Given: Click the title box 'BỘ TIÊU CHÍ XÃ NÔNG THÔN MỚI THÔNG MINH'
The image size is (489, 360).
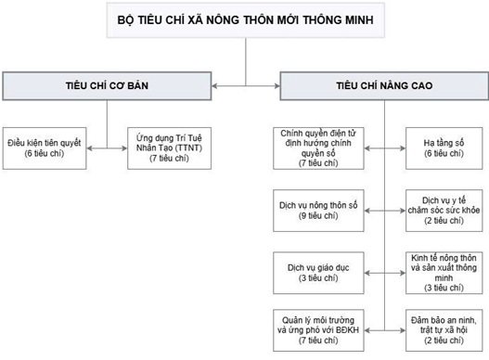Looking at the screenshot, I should coord(245,19).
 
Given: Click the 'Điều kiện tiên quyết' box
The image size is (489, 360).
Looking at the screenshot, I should coord(43,147).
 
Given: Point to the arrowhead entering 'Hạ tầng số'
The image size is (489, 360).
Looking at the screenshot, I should coord(401,147).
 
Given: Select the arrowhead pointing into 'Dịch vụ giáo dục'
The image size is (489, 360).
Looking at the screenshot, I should coord(356,267).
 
